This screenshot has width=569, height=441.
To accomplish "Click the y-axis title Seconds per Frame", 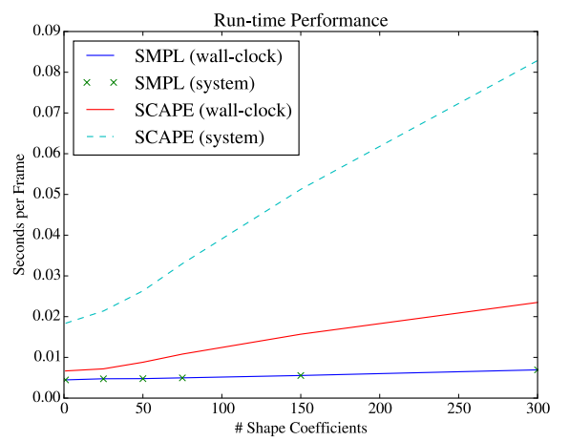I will pos(21,215).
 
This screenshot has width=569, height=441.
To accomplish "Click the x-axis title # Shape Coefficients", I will pos(300,429).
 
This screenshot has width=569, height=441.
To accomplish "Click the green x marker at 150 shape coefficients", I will pos(301,375).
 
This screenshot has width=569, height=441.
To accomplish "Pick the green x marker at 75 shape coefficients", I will pos(182,378).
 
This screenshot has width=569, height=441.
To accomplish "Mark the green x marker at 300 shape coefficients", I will pos(537,369).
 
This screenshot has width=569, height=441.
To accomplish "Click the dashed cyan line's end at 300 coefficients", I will pos(537,61).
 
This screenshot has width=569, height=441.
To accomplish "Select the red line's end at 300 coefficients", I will pos(537,303).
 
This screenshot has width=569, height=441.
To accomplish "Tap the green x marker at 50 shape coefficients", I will pos(143,379).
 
